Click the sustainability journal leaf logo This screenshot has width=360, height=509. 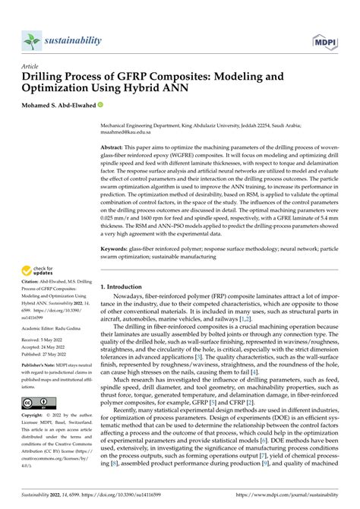[x=30, y=40]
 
